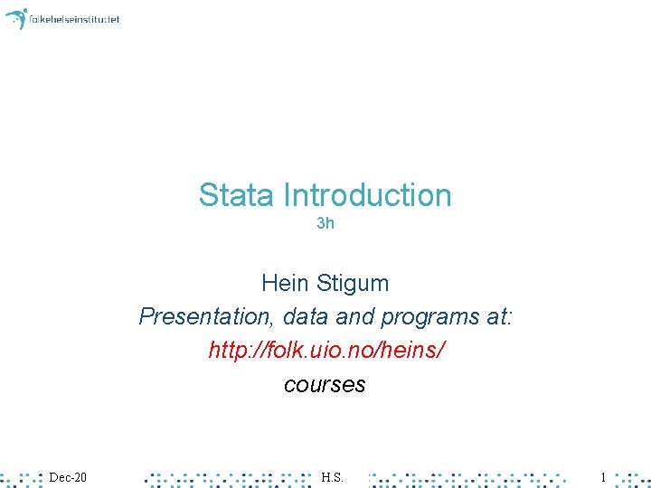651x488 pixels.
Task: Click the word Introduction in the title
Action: [367, 195]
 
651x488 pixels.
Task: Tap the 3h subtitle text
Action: [325, 223]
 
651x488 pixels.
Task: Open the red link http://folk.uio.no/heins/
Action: [325, 351]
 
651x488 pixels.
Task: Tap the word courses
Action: [325, 385]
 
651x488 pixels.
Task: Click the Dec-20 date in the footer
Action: [68, 476]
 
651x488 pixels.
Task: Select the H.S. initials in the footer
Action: [332, 476]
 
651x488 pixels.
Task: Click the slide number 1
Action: [603, 476]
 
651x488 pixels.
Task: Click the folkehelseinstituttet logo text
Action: [74, 19]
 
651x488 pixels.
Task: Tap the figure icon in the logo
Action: [16, 18]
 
